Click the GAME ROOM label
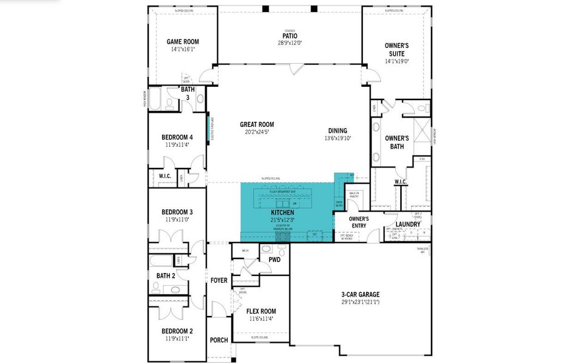click(x=183, y=42)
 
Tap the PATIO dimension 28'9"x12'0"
click(x=290, y=43)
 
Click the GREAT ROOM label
click(x=256, y=124)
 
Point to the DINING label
click(x=338, y=130)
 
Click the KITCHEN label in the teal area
click(x=282, y=213)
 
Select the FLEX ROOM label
click(x=261, y=311)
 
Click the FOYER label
click(x=219, y=280)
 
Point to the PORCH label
click(x=219, y=340)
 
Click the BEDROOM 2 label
click(x=177, y=331)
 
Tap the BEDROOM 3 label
click(x=177, y=212)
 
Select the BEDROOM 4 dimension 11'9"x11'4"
click(x=177, y=144)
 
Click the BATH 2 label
click(x=166, y=276)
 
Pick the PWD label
click(x=274, y=259)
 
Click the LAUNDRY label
click(x=408, y=224)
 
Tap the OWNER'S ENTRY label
click(x=359, y=221)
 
